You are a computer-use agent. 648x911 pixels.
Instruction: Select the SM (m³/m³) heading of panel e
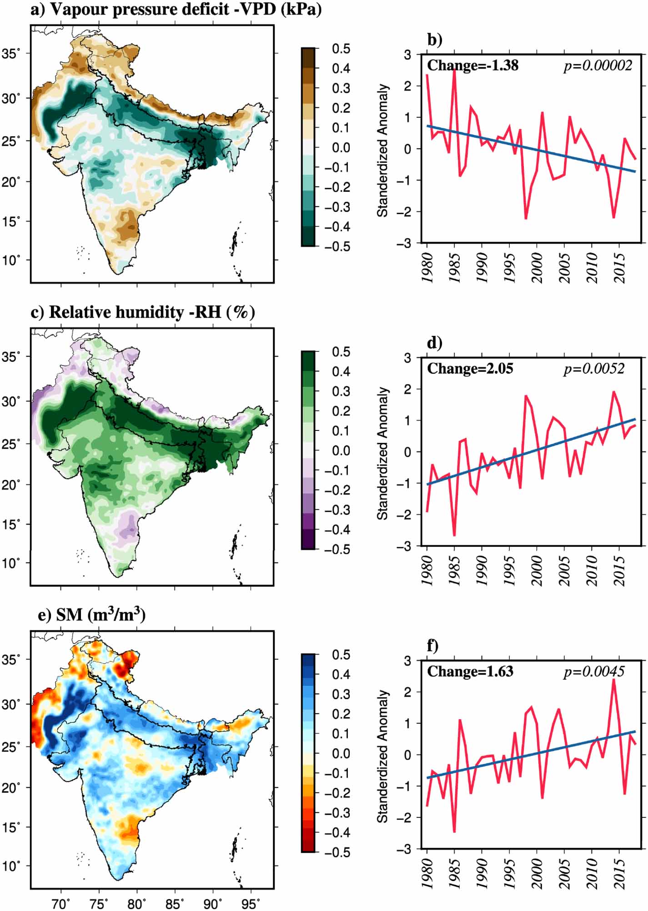[x=92, y=615]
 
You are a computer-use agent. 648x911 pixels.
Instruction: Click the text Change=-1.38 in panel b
[x=472, y=66]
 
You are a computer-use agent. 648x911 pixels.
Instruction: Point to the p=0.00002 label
[x=598, y=66]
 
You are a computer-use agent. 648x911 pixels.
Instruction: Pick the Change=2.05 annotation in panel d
[x=470, y=369]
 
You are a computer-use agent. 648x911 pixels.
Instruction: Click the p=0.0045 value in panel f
[x=594, y=671]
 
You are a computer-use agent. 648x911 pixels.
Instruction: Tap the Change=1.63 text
[x=470, y=671]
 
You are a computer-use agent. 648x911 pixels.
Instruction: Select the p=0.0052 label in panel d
[x=594, y=369]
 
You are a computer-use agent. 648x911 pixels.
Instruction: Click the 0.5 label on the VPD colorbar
[x=341, y=49]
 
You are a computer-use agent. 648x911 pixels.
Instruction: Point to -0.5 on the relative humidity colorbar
[x=337, y=549]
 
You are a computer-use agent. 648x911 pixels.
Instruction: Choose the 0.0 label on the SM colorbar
[x=341, y=753]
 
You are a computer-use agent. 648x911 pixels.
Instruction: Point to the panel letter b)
[x=434, y=40]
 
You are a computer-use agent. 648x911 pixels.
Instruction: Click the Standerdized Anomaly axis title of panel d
[x=383, y=453]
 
